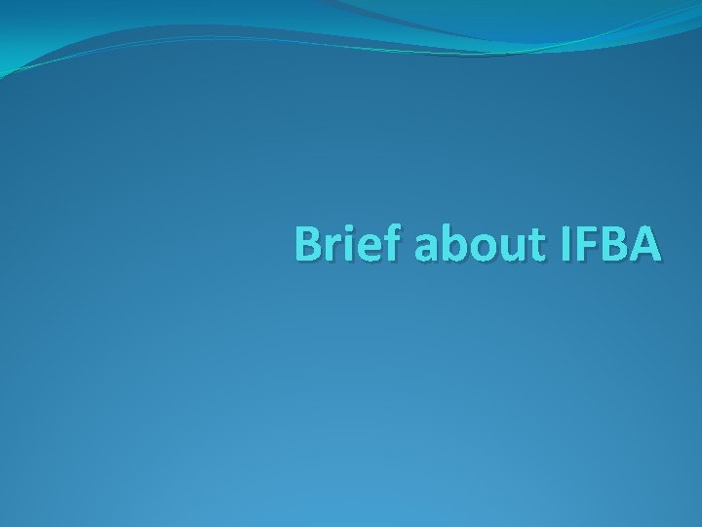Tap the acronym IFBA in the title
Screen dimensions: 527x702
pyautogui.click(x=610, y=245)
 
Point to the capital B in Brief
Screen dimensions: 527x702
pyautogui.click(x=310, y=245)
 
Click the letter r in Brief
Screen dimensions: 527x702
pyautogui.click(x=335, y=250)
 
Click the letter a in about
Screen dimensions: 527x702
pyautogui.click(x=427, y=251)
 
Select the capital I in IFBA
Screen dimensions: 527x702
pyautogui.click(x=566, y=245)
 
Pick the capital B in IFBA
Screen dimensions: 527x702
pyautogui.click(x=613, y=245)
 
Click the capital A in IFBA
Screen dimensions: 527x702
pyautogui.click(x=645, y=245)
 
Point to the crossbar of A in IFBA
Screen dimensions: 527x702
pyautogui.click(x=645, y=252)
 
